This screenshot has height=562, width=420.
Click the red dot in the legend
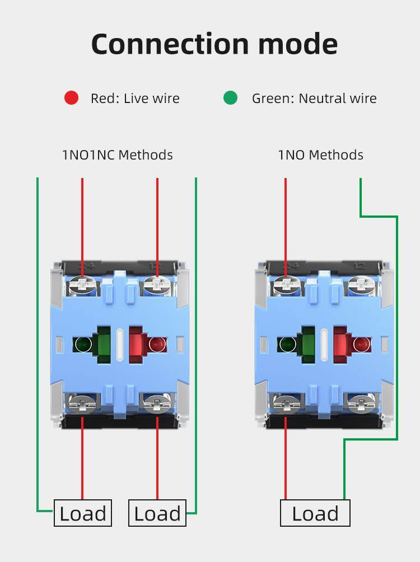[x=71, y=98]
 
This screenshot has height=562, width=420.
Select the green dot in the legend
[x=230, y=98]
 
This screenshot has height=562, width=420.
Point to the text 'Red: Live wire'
[x=135, y=99]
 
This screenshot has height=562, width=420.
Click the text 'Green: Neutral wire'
[x=314, y=99]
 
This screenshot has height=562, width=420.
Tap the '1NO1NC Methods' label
[x=117, y=154]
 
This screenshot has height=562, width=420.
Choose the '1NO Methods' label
[x=320, y=154]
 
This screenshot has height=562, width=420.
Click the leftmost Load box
[x=83, y=513]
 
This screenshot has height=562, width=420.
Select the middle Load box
[x=157, y=513]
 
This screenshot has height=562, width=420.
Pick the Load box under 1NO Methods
[x=315, y=513]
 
